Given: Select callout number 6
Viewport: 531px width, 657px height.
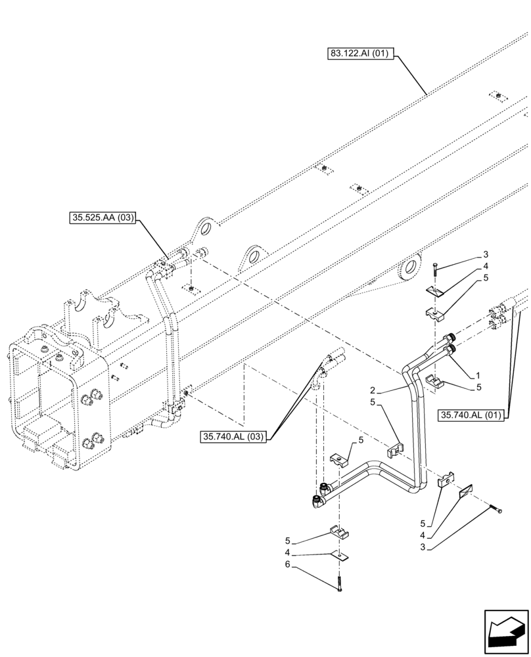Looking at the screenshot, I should (x=287, y=565).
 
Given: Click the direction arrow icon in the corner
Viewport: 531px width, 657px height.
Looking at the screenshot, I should (x=506, y=632).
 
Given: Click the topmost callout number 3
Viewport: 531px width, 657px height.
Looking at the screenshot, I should (x=485, y=254).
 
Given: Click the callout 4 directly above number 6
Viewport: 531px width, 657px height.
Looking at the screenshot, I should (x=287, y=553).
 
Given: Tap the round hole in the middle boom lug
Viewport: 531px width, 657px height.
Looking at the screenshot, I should (x=256, y=255).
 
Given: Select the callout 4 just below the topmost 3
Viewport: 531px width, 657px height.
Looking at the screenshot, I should (x=485, y=266).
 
